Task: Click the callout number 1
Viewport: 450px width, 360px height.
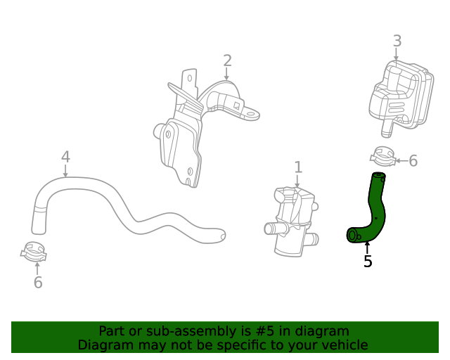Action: [x=298, y=167]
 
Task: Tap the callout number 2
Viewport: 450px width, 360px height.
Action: [x=227, y=60]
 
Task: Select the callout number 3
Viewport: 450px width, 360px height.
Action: [x=397, y=41]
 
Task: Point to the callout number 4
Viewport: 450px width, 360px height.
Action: [x=65, y=156]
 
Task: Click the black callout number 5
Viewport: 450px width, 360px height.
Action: [x=368, y=262]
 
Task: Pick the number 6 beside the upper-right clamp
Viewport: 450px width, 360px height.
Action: [x=413, y=161]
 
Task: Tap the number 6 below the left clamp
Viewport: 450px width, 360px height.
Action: [x=38, y=283]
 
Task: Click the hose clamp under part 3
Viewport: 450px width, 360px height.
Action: [x=382, y=156]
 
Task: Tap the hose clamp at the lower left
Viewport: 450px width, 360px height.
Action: [x=33, y=251]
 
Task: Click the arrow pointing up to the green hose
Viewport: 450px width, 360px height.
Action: [x=367, y=247]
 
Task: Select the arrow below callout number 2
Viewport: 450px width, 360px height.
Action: [x=227, y=73]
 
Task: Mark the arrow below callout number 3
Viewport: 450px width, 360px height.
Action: [x=397, y=54]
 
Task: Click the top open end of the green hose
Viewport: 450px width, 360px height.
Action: [x=378, y=176]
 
